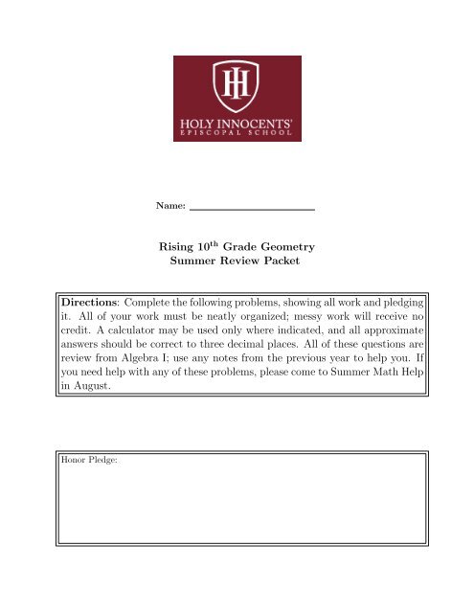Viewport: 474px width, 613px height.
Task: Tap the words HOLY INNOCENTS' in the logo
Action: (237, 122)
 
